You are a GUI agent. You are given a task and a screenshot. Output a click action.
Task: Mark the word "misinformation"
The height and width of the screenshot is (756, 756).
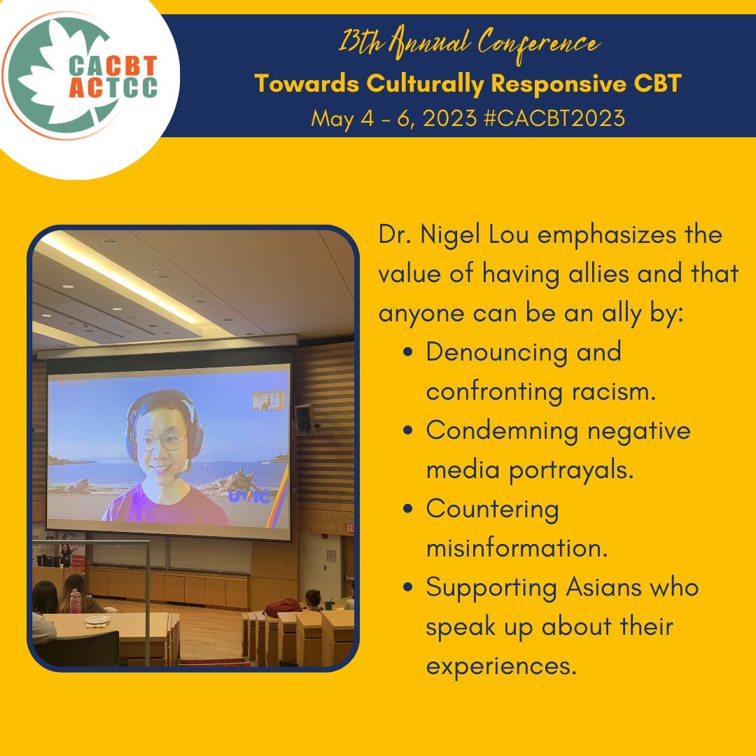[517, 547]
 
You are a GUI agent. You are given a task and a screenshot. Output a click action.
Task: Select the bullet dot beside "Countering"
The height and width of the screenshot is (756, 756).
[408, 509]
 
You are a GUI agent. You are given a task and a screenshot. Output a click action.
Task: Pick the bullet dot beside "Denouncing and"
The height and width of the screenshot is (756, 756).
[408, 352]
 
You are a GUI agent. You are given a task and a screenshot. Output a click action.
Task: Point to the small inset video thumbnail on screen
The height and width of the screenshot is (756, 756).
[268, 400]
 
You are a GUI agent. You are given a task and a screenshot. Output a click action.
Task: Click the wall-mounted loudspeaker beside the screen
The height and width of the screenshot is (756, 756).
[303, 419]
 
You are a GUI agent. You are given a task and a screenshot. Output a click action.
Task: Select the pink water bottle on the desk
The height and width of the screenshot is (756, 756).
[76, 600]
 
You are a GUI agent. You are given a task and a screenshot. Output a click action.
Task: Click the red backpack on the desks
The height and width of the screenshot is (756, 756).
[283, 607]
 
